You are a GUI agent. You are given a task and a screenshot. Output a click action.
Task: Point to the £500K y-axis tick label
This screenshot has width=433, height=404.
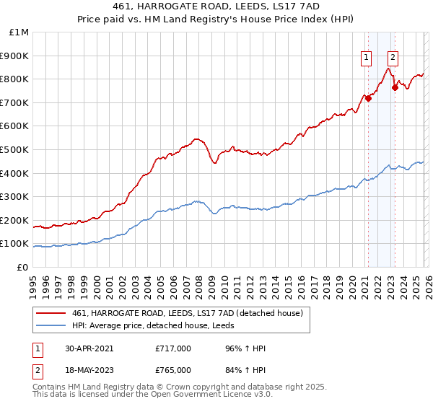point(14,149)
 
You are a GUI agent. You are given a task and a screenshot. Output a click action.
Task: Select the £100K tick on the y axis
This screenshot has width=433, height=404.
point(14,243)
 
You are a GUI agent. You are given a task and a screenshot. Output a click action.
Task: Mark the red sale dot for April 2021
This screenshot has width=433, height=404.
point(368,99)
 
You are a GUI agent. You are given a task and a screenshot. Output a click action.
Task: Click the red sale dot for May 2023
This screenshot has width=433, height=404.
point(395,87)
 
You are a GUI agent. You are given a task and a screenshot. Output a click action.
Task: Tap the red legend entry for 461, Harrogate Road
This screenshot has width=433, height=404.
point(191,313)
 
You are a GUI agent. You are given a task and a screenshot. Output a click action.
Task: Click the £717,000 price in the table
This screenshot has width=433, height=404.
point(173,348)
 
